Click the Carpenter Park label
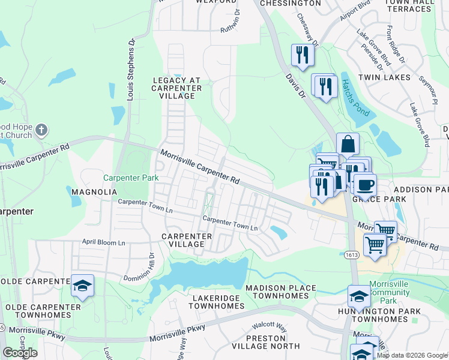[131, 178]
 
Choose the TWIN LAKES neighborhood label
[384, 77]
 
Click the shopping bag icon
[348, 145]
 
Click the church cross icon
[41, 130]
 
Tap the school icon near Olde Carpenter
[82, 286]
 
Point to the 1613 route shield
[352, 256]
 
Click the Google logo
[20, 353]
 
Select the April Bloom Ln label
[103, 243]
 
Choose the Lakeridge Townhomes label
[217, 302]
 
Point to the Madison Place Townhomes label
[280, 292]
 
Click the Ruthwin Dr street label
[231, 21]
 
